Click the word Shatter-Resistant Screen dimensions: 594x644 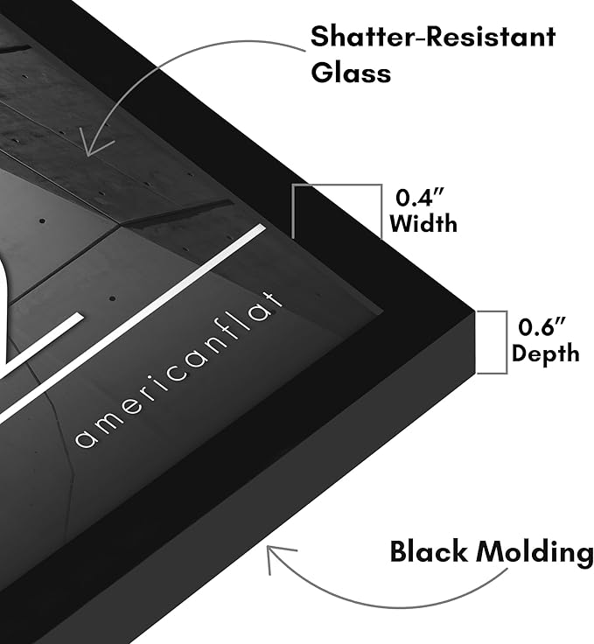(x=433, y=37)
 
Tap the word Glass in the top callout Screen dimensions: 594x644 (x=351, y=73)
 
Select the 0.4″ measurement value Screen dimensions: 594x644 (x=420, y=198)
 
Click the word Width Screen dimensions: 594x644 (x=423, y=224)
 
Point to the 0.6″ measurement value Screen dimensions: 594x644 (x=542, y=327)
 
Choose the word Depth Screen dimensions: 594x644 (x=546, y=353)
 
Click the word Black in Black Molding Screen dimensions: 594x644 (x=429, y=551)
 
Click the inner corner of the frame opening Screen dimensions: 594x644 (x=384, y=313)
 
